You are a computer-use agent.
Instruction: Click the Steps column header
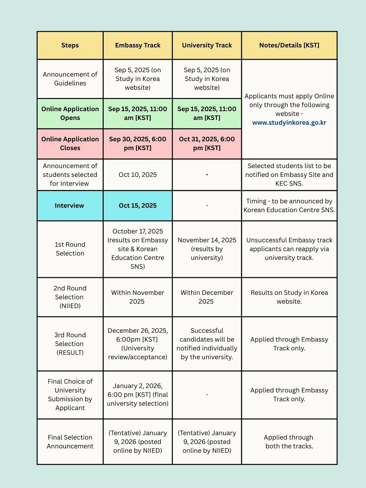click(x=70, y=45)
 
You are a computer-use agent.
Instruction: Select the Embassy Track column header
click(x=138, y=45)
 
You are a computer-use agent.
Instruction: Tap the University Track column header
click(x=207, y=45)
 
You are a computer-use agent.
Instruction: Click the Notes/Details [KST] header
click(x=289, y=45)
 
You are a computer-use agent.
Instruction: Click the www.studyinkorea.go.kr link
click(x=289, y=123)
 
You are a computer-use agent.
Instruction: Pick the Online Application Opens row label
click(x=70, y=113)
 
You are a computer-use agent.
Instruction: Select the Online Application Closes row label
click(x=70, y=143)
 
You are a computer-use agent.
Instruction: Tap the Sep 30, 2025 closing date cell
click(x=138, y=143)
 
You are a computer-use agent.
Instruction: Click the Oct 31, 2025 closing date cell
click(x=207, y=143)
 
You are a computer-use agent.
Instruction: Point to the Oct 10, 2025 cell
click(x=138, y=175)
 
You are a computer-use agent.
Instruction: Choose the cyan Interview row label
click(x=70, y=205)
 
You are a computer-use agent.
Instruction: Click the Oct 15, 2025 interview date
click(x=138, y=205)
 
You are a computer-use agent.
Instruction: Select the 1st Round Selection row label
click(x=70, y=249)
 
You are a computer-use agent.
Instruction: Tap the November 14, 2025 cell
click(x=207, y=249)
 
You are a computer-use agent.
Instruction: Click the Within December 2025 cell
click(x=207, y=297)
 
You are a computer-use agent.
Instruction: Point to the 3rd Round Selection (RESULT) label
click(x=70, y=344)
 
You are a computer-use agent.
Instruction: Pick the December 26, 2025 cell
click(x=138, y=344)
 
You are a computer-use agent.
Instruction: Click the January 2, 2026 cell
click(x=138, y=394)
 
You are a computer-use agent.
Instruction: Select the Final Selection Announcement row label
click(x=70, y=442)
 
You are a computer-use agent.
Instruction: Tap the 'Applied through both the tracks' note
click(x=289, y=442)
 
